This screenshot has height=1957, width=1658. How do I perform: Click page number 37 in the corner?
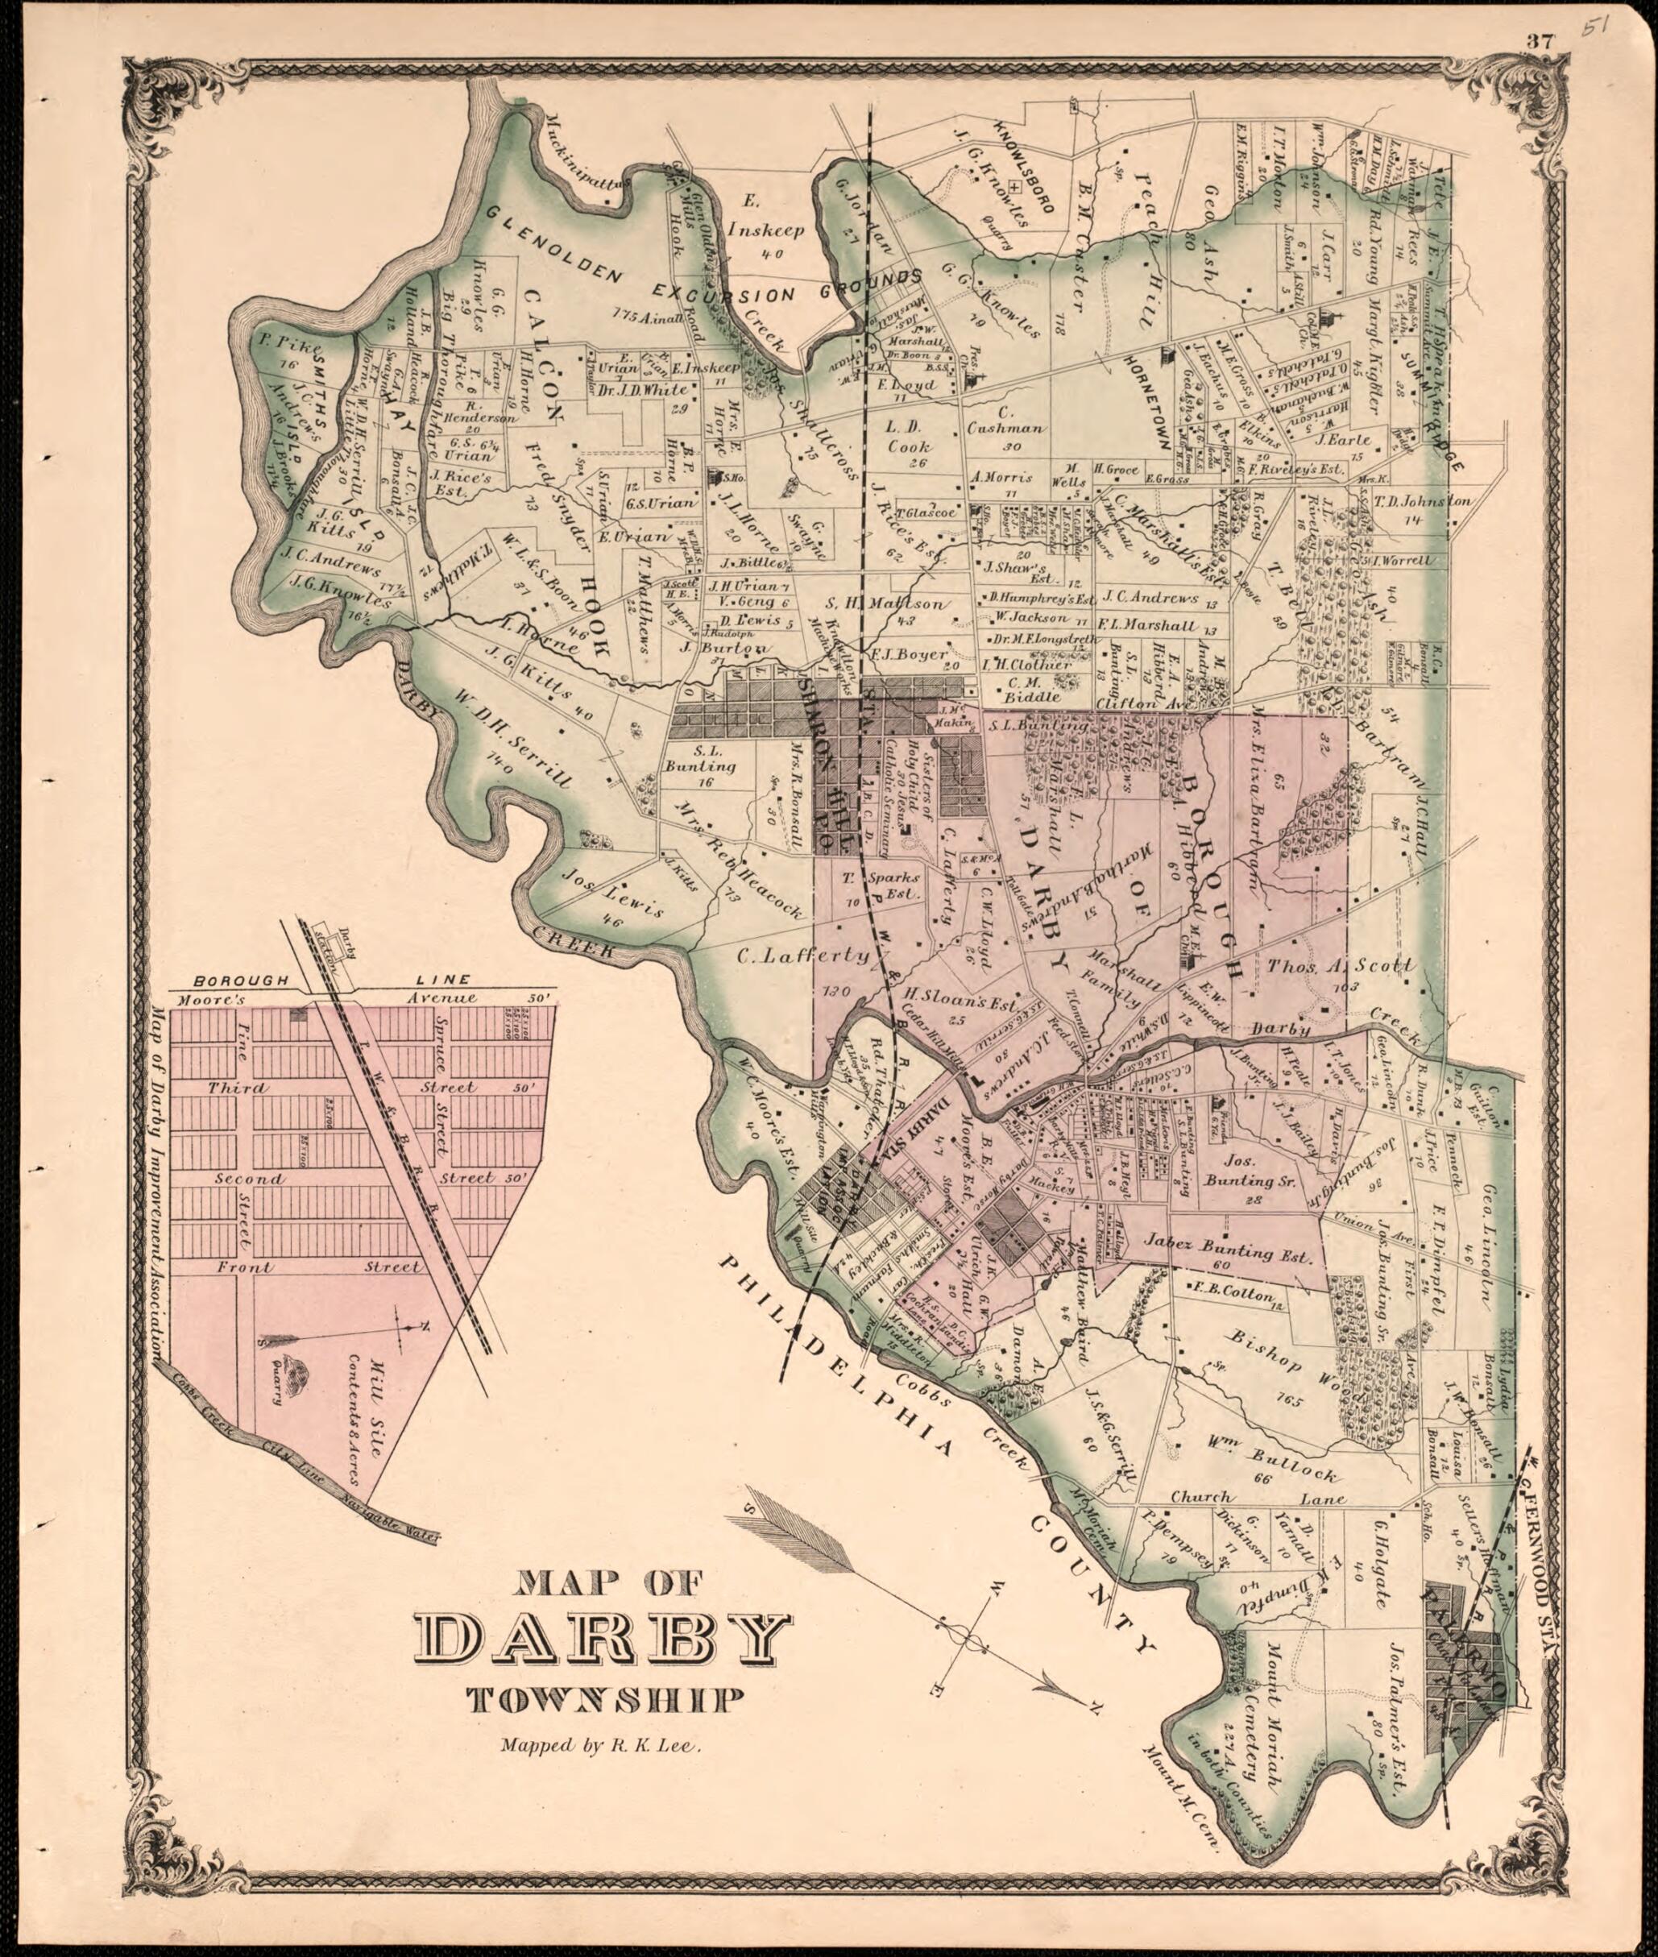[1540, 40]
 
